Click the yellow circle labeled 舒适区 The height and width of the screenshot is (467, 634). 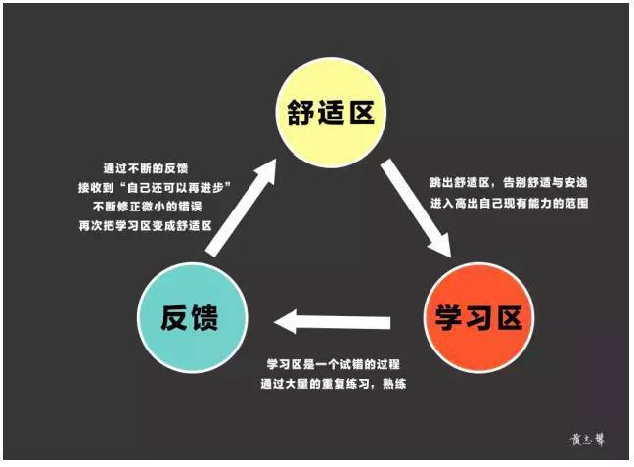pyautogui.click(x=331, y=113)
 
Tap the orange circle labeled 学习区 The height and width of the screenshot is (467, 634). pyautogui.click(x=478, y=317)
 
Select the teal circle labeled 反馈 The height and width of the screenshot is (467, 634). pyautogui.click(x=192, y=317)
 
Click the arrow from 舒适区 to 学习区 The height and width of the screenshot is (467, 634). pyautogui.click(x=416, y=208)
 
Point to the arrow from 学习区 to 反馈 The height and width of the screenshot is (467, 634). pyautogui.click(x=332, y=322)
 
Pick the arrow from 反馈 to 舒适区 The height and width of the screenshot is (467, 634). pyautogui.click(x=242, y=208)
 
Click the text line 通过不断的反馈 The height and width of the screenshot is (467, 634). pyautogui.click(x=146, y=168)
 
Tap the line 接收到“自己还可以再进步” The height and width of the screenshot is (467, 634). pyautogui.click(x=155, y=188)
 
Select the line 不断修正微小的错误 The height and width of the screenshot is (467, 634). pyautogui.click(x=147, y=207)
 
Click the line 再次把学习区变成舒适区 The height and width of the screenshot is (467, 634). pyautogui.click(x=146, y=226)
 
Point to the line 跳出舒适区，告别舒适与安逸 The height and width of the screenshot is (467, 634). pyautogui.click(x=509, y=183)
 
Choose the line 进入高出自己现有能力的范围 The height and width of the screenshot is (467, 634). pyautogui.click(x=509, y=203)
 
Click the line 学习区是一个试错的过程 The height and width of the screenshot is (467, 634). pyautogui.click(x=334, y=364)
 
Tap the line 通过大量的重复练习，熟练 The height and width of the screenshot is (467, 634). pyautogui.click(x=334, y=384)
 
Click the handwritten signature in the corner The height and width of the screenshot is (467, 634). pyautogui.click(x=587, y=440)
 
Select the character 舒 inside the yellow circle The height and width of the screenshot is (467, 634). pyautogui.click(x=300, y=113)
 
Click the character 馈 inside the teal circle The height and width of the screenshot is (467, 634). pyautogui.click(x=205, y=317)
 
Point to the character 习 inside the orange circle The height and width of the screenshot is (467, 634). pyautogui.click(x=479, y=317)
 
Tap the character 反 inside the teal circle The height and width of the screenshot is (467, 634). pyautogui.click(x=175, y=317)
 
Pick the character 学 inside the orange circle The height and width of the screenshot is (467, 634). pyautogui.click(x=449, y=317)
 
